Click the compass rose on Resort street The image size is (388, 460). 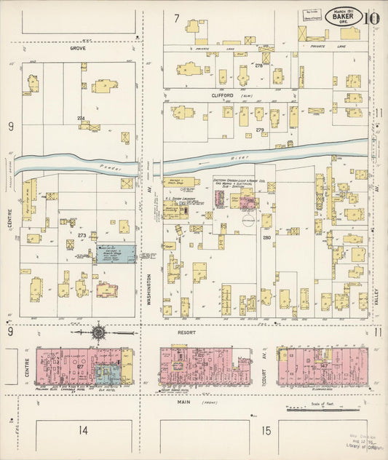pos(98,333)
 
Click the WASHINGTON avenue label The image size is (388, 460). pos(149,292)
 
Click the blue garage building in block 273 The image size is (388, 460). pos(116,254)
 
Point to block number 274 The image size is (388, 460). pos(81,119)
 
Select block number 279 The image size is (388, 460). pos(259,130)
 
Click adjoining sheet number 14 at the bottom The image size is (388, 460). pos(84,430)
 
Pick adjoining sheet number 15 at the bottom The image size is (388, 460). pos(266,430)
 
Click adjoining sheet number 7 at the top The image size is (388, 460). pos(176,17)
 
